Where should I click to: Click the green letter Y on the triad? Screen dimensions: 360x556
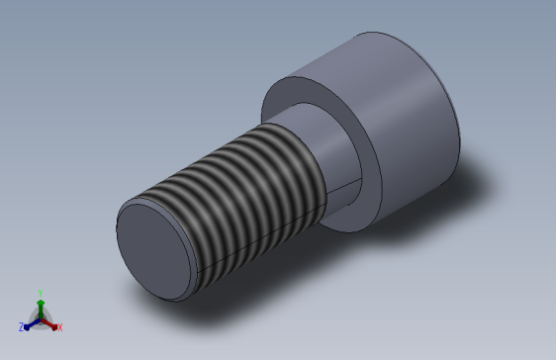coord(40,292)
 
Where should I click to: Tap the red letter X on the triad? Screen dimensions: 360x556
coord(59,327)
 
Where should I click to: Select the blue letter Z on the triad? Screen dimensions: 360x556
coord(21,326)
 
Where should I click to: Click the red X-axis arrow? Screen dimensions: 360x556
coord(50,323)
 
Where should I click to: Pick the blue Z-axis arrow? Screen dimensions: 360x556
coord(30,323)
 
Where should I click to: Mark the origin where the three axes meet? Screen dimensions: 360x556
coord(40,318)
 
